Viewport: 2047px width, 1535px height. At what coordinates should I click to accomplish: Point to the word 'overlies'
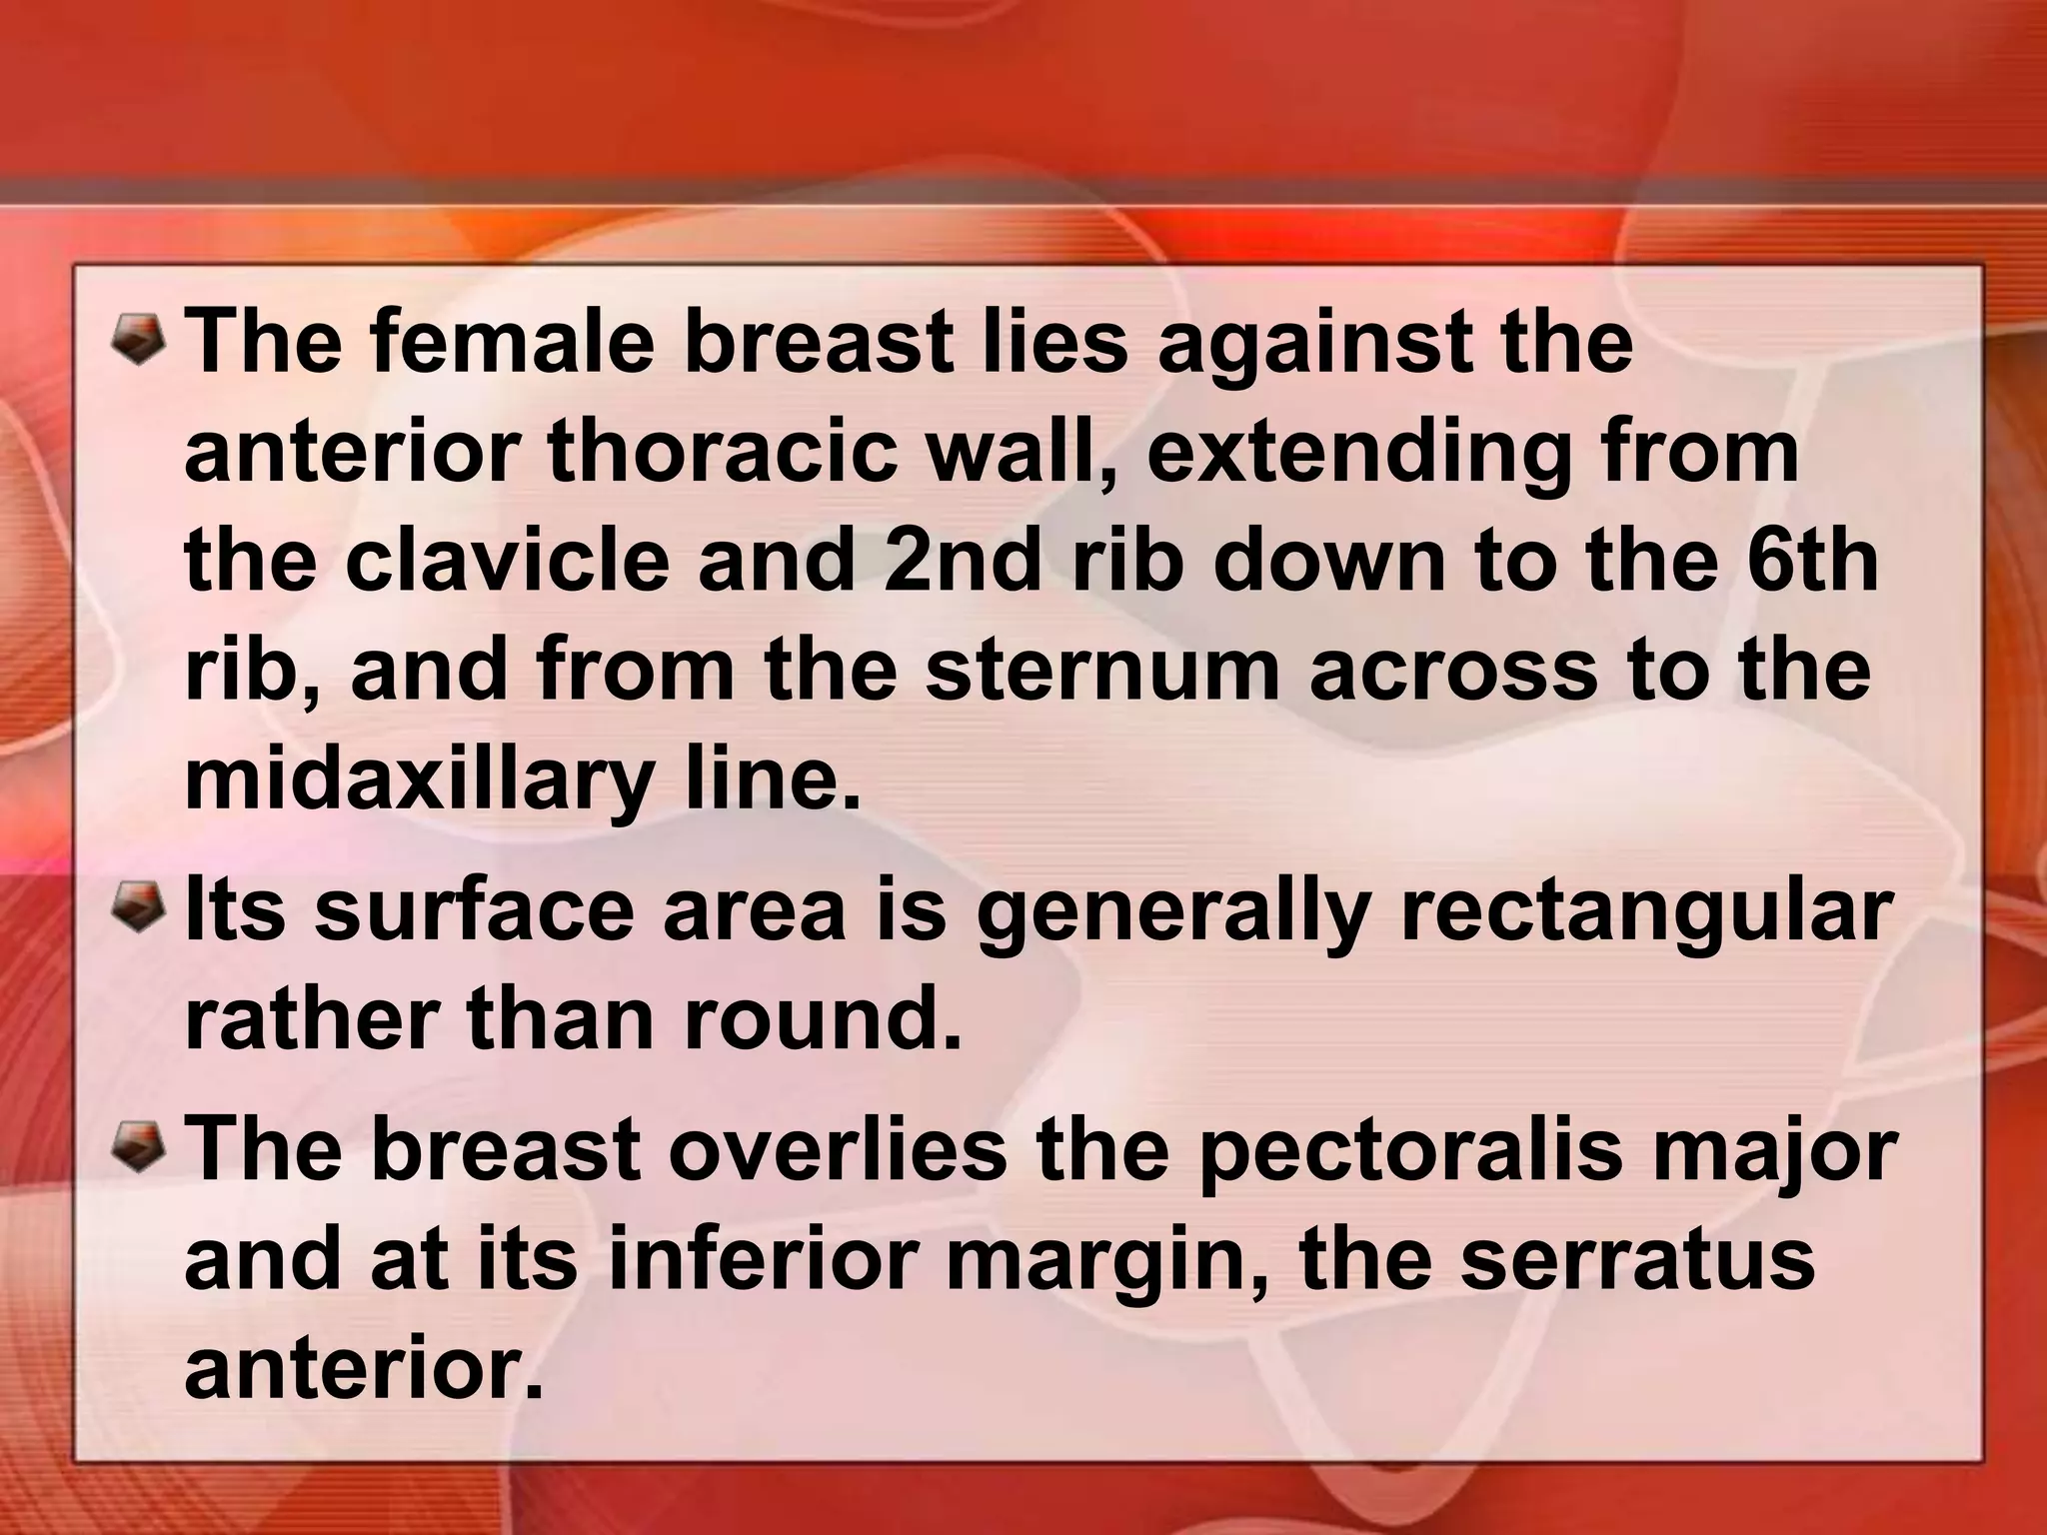click(838, 1149)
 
